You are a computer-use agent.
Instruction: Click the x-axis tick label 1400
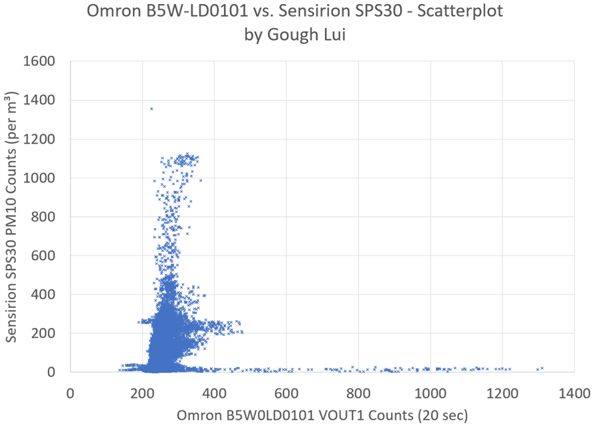pos(574,393)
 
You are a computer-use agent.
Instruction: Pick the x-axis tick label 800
pos(358,393)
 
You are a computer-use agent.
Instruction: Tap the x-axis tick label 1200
pos(502,393)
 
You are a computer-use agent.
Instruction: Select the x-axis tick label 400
pos(214,393)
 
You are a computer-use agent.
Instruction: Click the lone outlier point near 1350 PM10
pos(151,108)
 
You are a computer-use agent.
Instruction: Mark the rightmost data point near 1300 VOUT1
pos(542,368)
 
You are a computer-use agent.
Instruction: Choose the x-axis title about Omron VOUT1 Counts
pos(322,416)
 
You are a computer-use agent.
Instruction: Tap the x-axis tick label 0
pos(70,393)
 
